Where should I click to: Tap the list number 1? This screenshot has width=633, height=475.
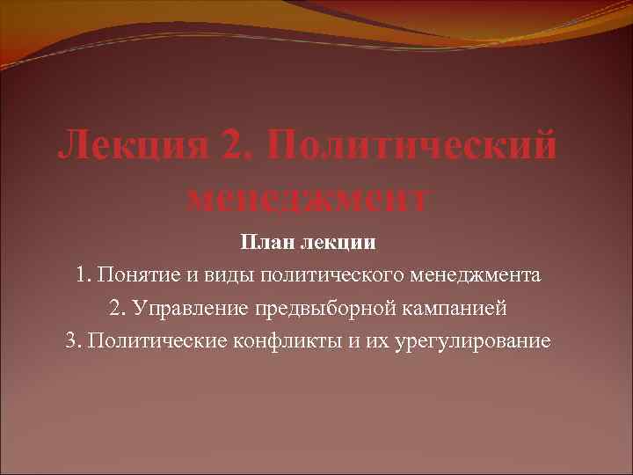pos(83,275)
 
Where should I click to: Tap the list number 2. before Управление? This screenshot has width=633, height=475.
pos(117,309)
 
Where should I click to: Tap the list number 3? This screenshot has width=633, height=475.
pos(72,341)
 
